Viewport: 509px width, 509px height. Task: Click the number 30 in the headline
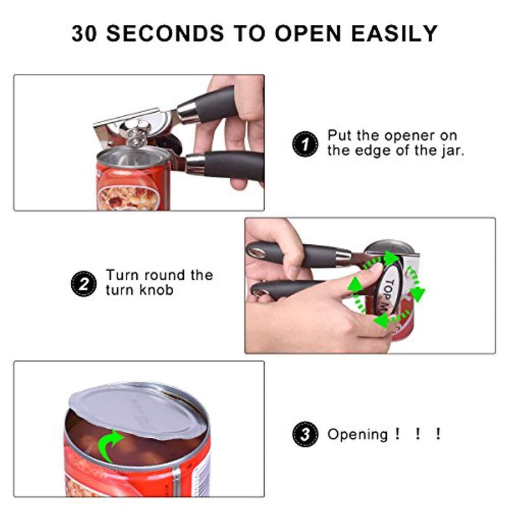click(84, 33)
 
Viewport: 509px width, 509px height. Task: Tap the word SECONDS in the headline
click(165, 33)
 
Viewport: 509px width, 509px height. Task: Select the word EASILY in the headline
click(394, 33)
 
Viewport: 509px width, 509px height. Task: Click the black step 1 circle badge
click(305, 144)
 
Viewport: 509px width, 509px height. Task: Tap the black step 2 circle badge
click(83, 284)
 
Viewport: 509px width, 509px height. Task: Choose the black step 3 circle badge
click(305, 435)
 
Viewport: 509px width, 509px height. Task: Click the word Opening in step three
click(358, 435)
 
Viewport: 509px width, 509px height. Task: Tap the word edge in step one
click(369, 151)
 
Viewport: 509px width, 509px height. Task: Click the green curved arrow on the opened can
click(109, 444)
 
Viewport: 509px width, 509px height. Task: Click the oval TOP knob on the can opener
click(389, 292)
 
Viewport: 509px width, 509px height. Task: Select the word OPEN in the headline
click(308, 33)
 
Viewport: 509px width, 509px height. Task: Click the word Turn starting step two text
click(123, 275)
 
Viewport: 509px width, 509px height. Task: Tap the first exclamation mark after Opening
click(397, 434)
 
